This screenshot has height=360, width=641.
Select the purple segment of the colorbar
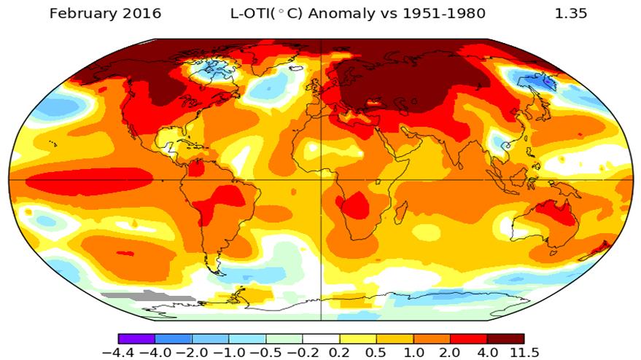tap(136, 339)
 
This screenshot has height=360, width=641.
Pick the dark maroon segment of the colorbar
tap(505, 339)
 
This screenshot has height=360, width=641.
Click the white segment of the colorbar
tap(321, 339)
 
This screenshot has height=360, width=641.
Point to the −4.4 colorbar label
tap(117, 353)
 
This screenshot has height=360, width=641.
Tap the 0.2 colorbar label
tap(339, 353)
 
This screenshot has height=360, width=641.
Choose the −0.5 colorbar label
tap(265, 353)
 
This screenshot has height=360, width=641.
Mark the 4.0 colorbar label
tap(487, 353)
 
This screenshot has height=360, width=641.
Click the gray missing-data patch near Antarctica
tap(146, 297)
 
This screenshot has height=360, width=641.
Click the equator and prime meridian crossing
tap(321, 179)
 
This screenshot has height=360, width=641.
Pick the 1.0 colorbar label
tap(413, 353)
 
